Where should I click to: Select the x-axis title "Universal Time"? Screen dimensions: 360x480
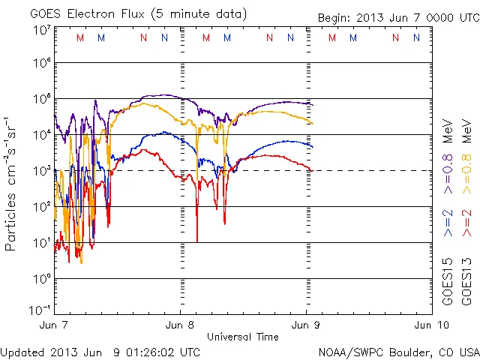[x=243, y=337]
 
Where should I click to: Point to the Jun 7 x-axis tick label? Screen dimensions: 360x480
[x=55, y=325]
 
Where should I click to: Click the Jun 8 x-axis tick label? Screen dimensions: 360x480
[x=180, y=325]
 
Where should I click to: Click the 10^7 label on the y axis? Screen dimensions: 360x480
[x=41, y=30]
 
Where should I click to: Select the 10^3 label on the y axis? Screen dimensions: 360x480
[x=41, y=171]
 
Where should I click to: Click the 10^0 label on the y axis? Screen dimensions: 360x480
[x=41, y=279]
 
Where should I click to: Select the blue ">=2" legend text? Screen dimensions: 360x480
[x=448, y=223]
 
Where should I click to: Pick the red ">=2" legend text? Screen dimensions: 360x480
[x=466, y=223]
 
